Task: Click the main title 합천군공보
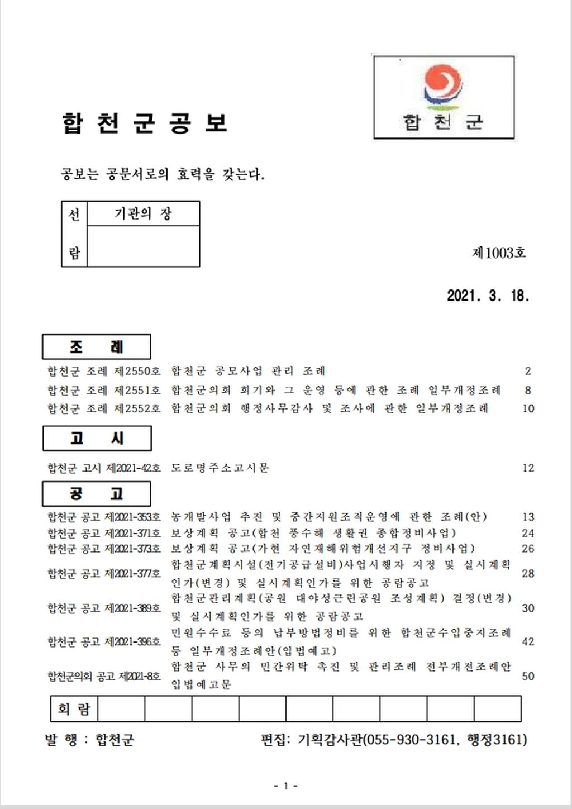[145, 123]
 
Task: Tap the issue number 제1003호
[499, 253]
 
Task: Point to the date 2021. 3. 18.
[488, 296]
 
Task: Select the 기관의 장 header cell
[143, 213]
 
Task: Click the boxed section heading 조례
[96, 347]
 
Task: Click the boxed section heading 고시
[97, 439]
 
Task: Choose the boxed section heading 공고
[96, 494]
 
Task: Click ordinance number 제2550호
[137, 371]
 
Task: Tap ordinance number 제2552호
[137, 408]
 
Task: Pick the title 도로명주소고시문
[220, 468]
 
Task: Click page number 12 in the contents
[528, 468]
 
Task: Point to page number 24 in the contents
[528, 534]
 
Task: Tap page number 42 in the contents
[528, 642]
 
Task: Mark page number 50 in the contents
[528, 676]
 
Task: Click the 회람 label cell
[74, 709]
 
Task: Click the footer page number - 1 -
[285, 786]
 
